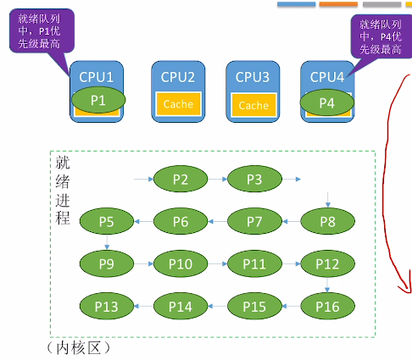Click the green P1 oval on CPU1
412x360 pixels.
pyautogui.click(x=98, y=100)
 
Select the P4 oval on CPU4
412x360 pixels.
pyautogui.click(x=327, y=102)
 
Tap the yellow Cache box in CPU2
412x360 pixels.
pyautogui.click(x=178, y=104)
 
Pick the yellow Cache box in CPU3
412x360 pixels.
pyautogui.click(x=253, y=105)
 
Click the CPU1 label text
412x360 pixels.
pyautogui.click(x=97, y=77)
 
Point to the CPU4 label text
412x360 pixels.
pyautogui.click(x=327, y=77)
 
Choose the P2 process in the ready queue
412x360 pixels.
pyautogui.click(x=181, y=179)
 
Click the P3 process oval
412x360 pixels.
pyautogui.click(x=254, y=179)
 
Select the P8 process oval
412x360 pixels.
pyautogui.click(x=328, y=221)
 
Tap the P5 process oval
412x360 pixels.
pyautogui.click(x=107, y=221)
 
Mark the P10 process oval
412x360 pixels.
pyautogui.click(x=181, y=264)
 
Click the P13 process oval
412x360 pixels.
pyautogui.click(x=107, y=307)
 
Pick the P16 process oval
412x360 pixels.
pyautogui.click(x=328, y=307)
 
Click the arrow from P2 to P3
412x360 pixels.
pyautogui.click(x=218, y=179)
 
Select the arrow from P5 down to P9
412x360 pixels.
pyautogui.click(x=107, y=242)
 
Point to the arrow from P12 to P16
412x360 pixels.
pyautogui.click(x=327, y=285)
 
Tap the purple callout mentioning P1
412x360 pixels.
pyautogui.click(x=42, y=30)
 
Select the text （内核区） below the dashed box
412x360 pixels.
pyautogui.click(x=78, y=348)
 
